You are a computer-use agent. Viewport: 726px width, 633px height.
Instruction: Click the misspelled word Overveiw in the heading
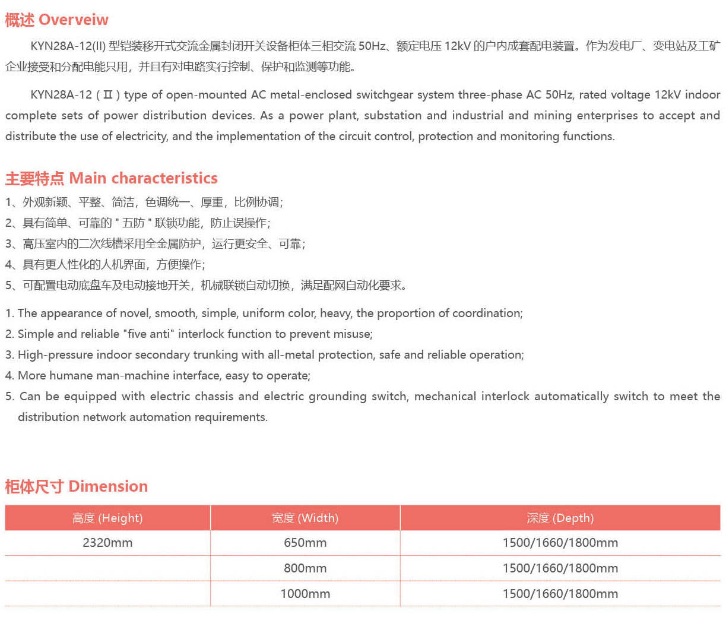74,20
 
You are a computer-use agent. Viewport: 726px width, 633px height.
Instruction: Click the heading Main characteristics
143,178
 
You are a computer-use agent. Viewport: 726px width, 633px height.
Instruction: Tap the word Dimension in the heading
108,486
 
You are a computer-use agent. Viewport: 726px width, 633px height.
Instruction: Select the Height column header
107,518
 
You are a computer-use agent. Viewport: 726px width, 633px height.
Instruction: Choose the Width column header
305,518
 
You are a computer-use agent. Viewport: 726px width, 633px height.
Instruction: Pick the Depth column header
560,518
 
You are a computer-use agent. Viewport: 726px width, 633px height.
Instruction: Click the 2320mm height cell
107,543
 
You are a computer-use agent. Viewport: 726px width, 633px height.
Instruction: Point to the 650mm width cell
305,543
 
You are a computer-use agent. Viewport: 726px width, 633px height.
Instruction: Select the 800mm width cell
305,568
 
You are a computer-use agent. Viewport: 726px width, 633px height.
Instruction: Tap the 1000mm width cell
305,594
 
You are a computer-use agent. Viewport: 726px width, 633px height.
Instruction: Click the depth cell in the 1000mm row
560,594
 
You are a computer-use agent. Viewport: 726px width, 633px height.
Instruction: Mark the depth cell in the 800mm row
560,568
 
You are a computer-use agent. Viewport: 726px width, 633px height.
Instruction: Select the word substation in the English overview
392,116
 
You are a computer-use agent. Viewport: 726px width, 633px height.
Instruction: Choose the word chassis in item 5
212,397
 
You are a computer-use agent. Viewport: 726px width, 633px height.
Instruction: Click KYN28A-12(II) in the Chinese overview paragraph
68,46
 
